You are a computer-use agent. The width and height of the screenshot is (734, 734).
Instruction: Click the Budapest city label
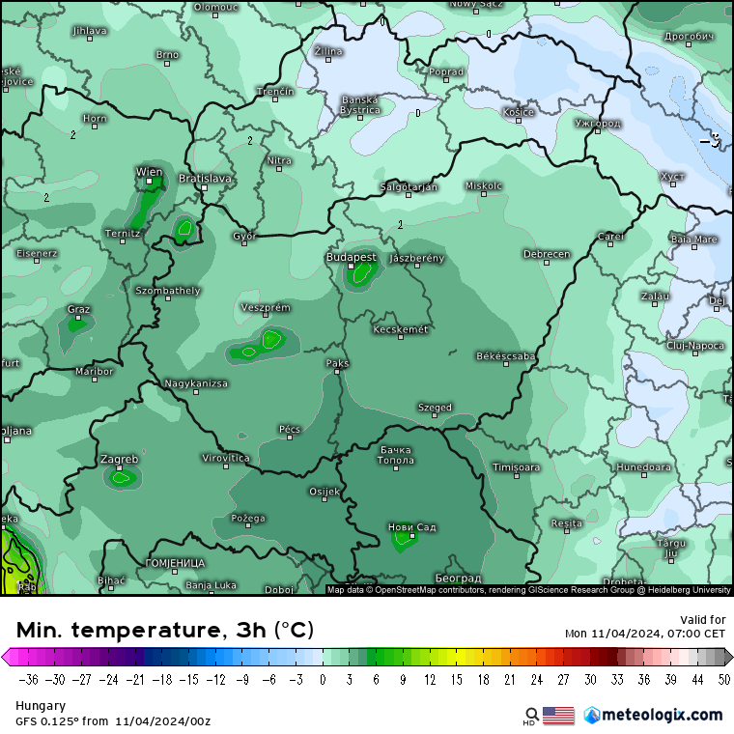pos(351,257)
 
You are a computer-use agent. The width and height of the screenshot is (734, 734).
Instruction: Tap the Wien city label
pos(149,172)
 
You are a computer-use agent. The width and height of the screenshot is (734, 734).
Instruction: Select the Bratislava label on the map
pos(205,178)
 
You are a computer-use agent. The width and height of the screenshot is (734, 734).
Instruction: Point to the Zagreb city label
pos(119,459)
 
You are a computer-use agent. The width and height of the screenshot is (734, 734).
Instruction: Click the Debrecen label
pos(547,254)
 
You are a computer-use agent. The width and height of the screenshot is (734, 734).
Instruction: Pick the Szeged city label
pos(435,408)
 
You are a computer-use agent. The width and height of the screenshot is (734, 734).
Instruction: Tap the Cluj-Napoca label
pos(694,345)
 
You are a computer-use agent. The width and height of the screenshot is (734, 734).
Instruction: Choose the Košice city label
pos(518,112)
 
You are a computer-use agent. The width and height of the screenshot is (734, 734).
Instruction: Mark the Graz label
pos(78,309)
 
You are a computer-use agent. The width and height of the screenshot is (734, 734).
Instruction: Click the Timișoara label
pos(516,467)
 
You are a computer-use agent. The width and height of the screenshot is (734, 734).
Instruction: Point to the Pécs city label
pos(289,428)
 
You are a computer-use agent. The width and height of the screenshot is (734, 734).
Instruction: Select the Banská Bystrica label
pos(360,104)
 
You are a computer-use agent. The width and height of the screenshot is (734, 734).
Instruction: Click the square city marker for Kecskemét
pos(398,339)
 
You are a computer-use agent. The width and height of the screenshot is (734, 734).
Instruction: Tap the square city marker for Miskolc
pos(483,194)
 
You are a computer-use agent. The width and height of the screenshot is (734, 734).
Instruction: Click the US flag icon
pos(558,715)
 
